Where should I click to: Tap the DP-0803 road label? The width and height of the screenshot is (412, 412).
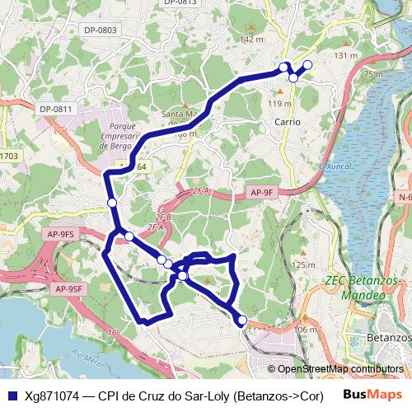(101, 30)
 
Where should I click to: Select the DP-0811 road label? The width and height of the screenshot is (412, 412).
(56, 108)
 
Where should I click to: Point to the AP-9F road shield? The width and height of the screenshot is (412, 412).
(260, 192)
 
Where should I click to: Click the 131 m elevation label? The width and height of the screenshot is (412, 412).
(346, 55)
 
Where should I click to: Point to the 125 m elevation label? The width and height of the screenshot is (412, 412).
(302, 265)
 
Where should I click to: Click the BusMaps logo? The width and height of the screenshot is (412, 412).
(372, 394)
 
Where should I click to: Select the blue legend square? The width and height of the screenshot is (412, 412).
(12, 394)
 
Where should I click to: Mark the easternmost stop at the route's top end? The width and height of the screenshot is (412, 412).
(308, 64)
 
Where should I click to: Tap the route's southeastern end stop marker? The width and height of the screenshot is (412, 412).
(242, 320)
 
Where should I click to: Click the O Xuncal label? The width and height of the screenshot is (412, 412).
(335, 166)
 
